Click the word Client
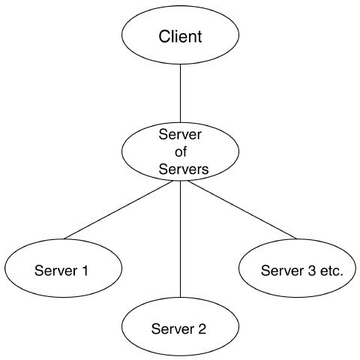(x=180, y=37)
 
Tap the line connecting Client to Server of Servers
(x=180, y=94)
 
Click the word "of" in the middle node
(x=181, y=151)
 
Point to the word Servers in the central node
(x=184, y=169)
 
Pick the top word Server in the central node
(x=180, y=134)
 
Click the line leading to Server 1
(x=118, y=210)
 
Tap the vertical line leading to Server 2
(x=180, y=239)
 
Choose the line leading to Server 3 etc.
(x=242, y=210)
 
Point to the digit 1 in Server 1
(x=85, y=271)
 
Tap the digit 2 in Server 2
(x=202, y=329)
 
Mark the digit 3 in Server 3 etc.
(x=311, y=271)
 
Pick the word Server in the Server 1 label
(x=55, y=271)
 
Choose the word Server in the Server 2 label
(x=172, y=329)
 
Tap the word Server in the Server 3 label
(x=282, y=271)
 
